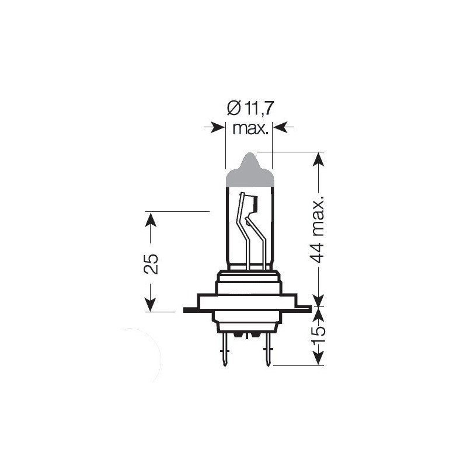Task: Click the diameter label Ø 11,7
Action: pos(250,109)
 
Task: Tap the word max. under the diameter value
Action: pos(250,128)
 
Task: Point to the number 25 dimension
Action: pos(151,264)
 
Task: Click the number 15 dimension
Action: pos(319,334)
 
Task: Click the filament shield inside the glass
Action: pos(253,204)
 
